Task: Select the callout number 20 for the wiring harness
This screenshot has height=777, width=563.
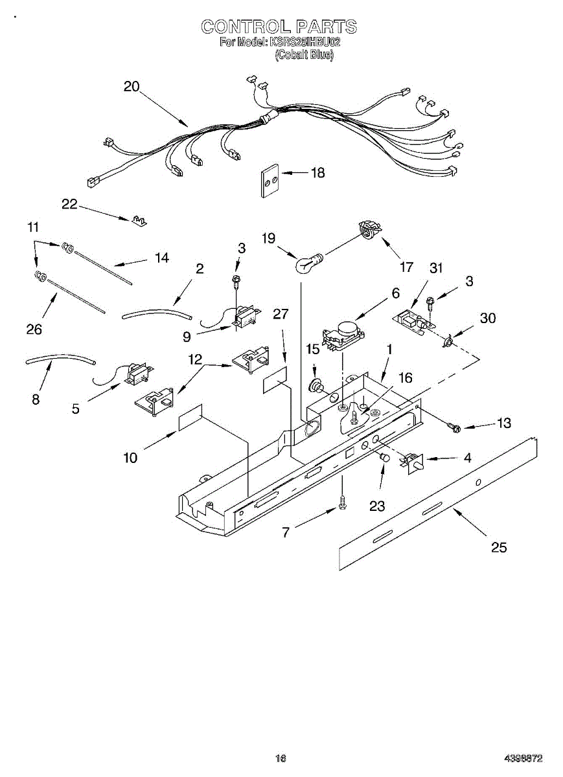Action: (x=132, y=87)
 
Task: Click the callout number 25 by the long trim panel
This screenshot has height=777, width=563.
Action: (x=498, y=547)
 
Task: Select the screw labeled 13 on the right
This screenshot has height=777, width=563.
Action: (x=453, y=427)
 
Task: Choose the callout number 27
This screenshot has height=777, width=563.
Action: (x=280, y=314)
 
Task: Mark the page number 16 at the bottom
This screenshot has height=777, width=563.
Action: (x=281, y=758)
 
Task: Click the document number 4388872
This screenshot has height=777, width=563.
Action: (x=523, y=758)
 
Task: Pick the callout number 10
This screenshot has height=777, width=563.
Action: (x=130, y=458)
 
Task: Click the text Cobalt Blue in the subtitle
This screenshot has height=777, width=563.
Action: (x=304, y=56)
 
